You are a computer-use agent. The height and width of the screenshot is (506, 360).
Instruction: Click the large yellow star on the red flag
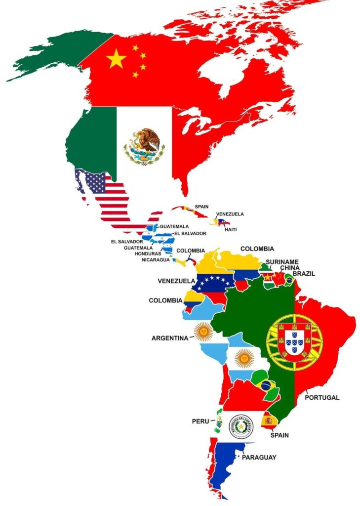116,59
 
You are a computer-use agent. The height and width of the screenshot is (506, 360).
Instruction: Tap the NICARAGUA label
156,260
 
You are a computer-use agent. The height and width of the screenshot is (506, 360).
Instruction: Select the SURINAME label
282,261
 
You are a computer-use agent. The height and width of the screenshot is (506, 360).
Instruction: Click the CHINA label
289,268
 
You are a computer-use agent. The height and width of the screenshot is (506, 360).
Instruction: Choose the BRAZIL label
304,274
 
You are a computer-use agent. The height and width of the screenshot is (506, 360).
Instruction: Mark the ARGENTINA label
170,338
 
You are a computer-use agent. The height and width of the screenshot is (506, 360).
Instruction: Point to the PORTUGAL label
322,397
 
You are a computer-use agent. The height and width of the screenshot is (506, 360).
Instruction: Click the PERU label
200,422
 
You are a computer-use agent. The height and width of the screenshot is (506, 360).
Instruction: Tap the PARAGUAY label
259,458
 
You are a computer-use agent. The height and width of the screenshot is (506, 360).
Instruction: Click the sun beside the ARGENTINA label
202,331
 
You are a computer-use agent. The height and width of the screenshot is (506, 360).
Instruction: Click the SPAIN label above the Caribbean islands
201,207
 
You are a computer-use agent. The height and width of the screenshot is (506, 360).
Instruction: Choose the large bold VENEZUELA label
176,281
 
